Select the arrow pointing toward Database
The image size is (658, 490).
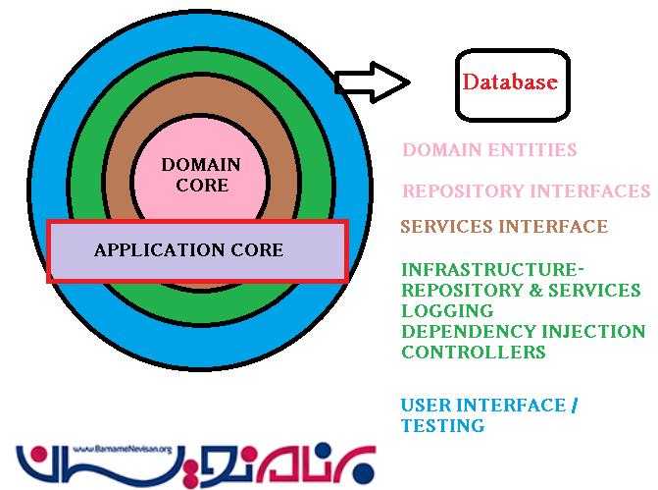tap(372, 83)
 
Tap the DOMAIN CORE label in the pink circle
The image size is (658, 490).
tap(200, 174)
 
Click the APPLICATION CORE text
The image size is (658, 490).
tap(188, 249)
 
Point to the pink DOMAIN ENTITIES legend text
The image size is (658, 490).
tap(489, 150)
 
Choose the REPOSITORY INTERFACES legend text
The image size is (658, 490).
tap(526, 191)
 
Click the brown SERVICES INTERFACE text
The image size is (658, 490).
tap(503, 227)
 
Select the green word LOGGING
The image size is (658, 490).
tap(439, 310)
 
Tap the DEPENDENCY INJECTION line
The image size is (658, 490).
tap(523, 331)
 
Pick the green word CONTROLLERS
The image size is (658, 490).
tap(473, 352)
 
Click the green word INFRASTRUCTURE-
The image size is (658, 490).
tap(492, 269)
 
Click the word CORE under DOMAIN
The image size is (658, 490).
tap(200, 185)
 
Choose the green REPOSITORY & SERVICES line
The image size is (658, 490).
tap(520, 290)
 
